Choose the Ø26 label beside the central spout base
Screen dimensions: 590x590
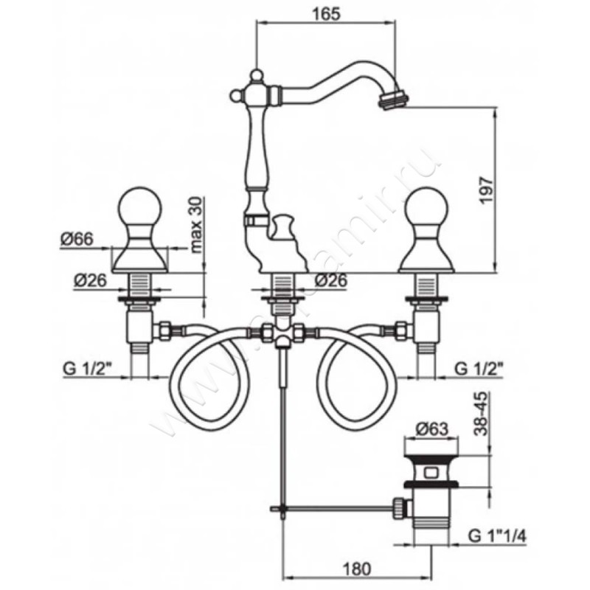click(x=330, y=280)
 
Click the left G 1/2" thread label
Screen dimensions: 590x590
click(x=90, y=368)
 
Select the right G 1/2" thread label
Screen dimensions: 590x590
click(x=482, y=368)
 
